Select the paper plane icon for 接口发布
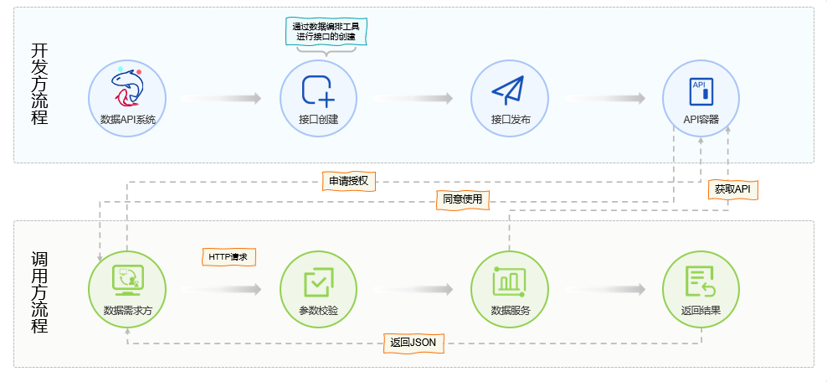[x=508, y=90]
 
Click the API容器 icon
[x=701, y=90]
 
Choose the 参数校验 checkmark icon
[x=318, y=282]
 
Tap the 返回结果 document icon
[x=700, y=281]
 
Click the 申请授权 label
[x=349, y=181]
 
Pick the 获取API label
[x=732, y=189]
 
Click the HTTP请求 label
[x=228, y=256]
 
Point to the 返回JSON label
[x=413, y=343]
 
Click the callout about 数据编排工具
[x=326, y=32]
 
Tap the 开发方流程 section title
[x=39, y=84]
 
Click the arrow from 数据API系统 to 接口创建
[x=221, y=98]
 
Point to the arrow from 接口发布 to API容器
[x=604, y=98]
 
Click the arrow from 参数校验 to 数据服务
[x=413, y=290]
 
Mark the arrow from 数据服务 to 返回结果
[x=604, y=290]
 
